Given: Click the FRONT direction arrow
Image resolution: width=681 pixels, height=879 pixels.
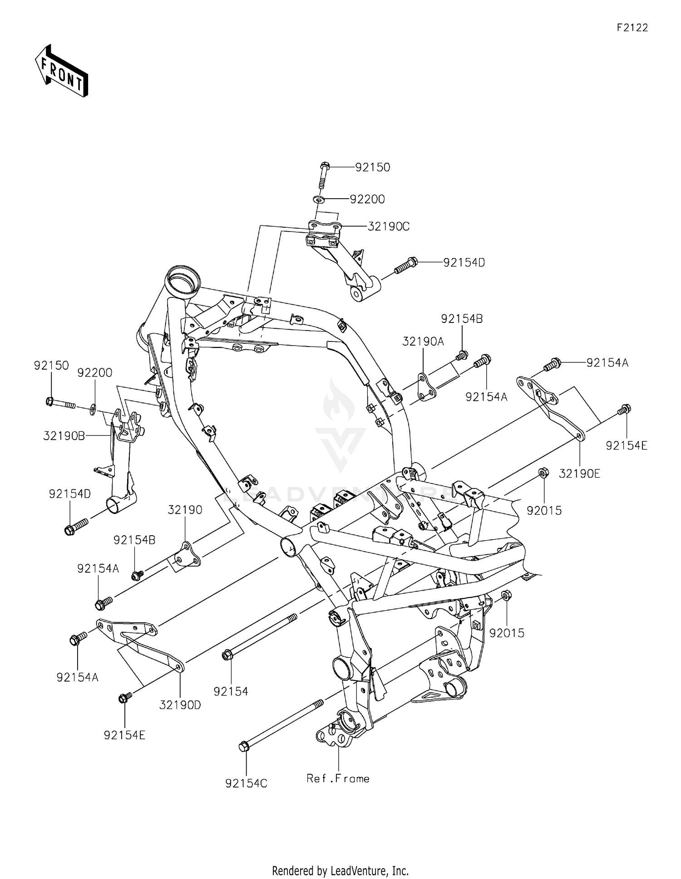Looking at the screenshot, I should [62, 71].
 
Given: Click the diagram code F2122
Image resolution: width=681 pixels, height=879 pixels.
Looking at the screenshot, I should [632, 28].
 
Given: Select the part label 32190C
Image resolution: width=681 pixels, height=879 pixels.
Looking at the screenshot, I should [388, 226].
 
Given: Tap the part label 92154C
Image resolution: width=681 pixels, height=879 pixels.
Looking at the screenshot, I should [246, 783].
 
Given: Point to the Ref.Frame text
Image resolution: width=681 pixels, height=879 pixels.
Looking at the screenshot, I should [338, 778].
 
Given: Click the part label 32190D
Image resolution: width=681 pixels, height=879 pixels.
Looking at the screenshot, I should [180, 705].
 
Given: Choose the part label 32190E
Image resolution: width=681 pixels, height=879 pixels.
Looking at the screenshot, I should [579, 474].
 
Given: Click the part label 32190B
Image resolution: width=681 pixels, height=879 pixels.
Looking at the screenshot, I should [64, 436].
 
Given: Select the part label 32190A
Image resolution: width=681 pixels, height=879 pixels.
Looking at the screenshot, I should [423, 342].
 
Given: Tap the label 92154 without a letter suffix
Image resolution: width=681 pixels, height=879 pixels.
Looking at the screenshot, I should [231, 691].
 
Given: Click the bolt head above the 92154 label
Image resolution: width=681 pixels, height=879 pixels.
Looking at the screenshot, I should [227, 655].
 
